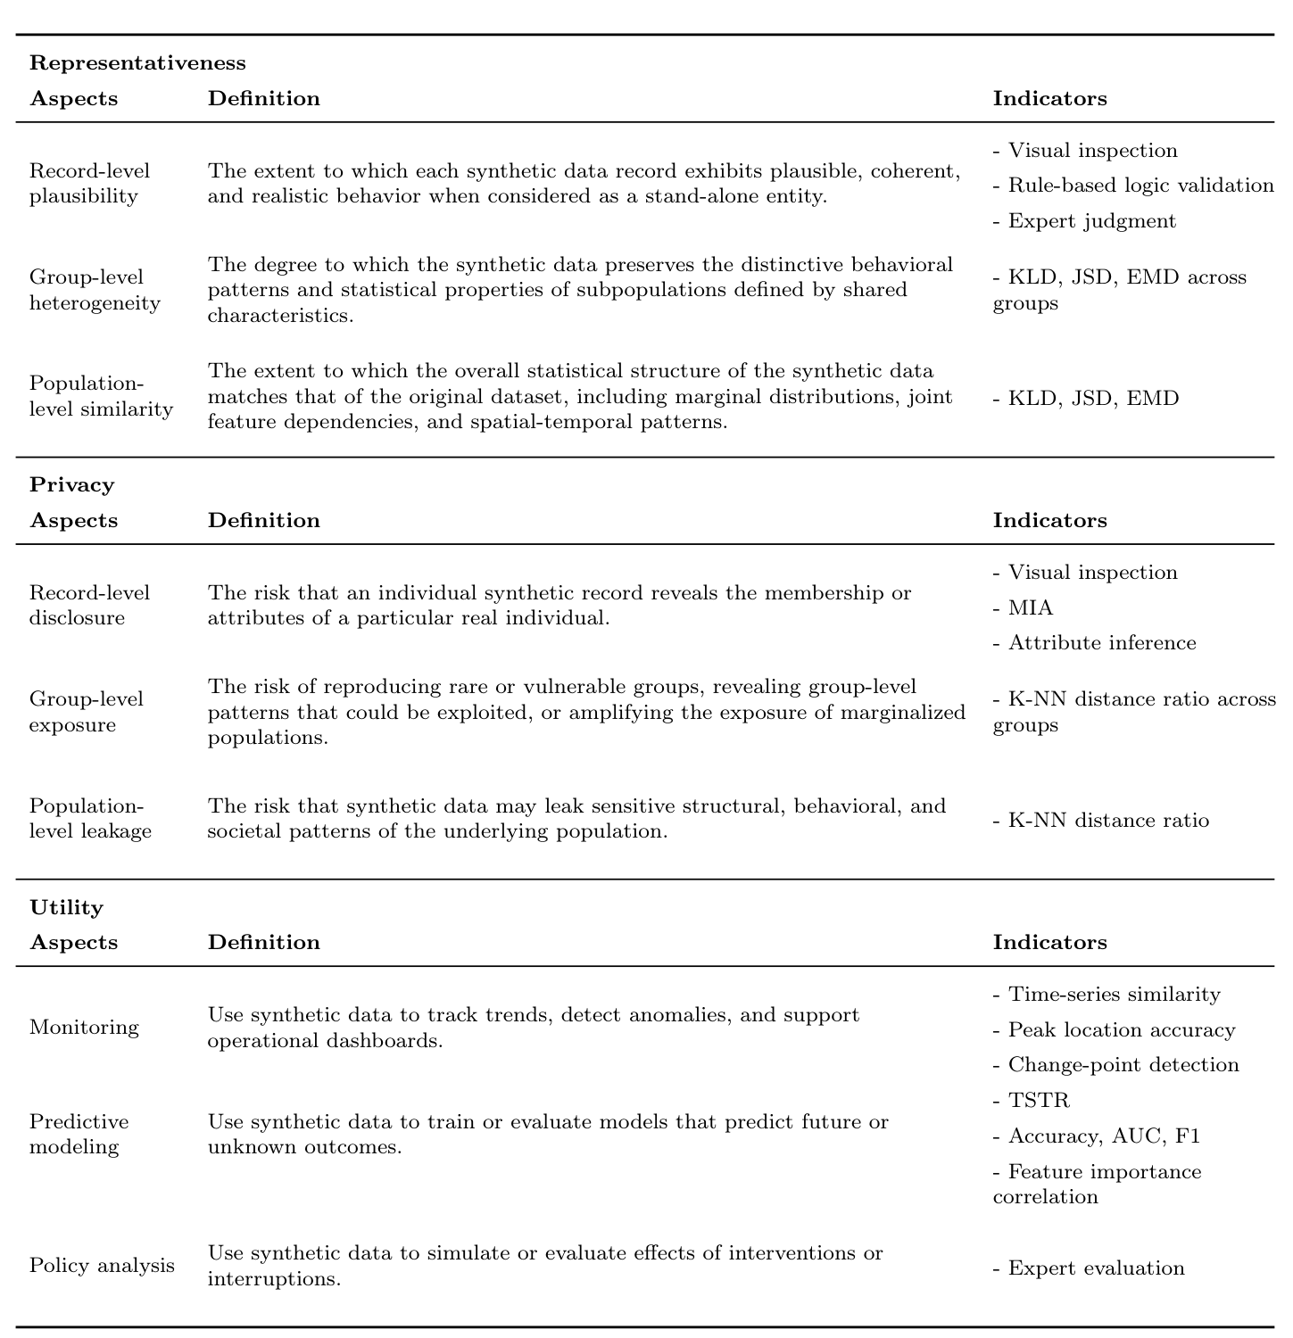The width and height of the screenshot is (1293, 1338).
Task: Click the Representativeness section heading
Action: click(137, 62)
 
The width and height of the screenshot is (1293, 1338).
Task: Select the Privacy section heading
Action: click(72, 484)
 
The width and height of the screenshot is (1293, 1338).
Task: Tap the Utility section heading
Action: click(67, 907)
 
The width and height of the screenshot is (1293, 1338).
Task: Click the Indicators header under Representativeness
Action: click(1049, 98)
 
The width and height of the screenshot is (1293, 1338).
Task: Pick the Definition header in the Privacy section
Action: click(263, 520)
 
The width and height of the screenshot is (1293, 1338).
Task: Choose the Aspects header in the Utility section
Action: click(74, 942)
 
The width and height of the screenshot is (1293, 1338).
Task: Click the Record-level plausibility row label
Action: click(89, 183)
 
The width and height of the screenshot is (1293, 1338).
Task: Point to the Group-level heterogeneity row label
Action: click(95, 290)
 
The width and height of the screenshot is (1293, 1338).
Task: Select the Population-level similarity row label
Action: click(101, 396)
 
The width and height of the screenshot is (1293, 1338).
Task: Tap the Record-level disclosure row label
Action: click(89, 605)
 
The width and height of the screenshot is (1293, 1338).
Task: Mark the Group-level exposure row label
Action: click(86, 712)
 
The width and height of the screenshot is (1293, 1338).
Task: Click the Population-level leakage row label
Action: click(90, 818)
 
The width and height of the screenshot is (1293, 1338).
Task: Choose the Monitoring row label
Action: click(84, 1027)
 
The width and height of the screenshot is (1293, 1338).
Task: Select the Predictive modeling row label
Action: click(79, 1134)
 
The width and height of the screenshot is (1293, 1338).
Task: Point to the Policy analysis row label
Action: click(102, 1265)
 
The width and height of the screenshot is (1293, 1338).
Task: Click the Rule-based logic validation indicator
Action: click(1140, 185)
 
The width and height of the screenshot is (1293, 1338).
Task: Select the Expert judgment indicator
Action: click(1091, 220)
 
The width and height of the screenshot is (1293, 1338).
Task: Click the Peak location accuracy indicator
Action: click(1121, 1029)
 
